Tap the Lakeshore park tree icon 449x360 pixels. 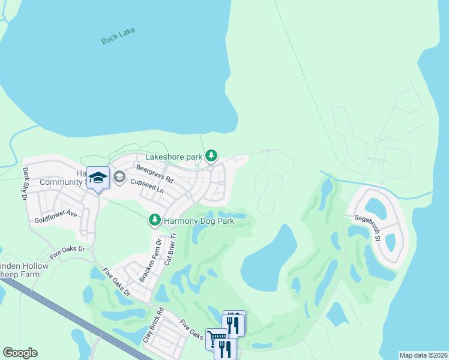click(x=211, y=156)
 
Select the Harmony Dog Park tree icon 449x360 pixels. click(x=155, y=221)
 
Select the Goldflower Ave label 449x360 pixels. click(x=56, y=213)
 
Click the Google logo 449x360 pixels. click(x=20, y=353)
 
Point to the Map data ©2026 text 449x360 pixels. click(x=423, y=355)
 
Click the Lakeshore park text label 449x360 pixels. click(x=178, y=157)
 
